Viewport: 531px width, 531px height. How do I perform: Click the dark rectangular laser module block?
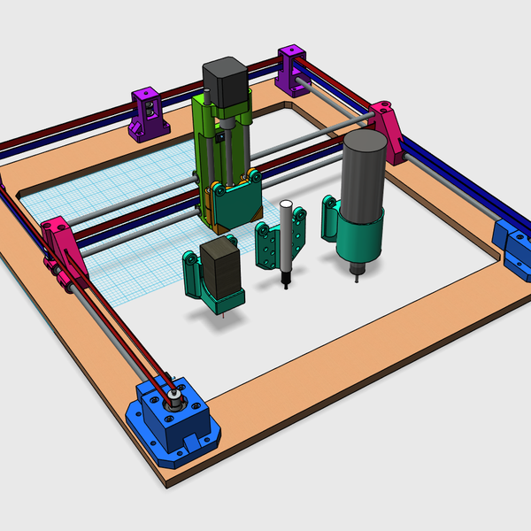[220, 266]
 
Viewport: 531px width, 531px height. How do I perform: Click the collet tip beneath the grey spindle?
[357, 269]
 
